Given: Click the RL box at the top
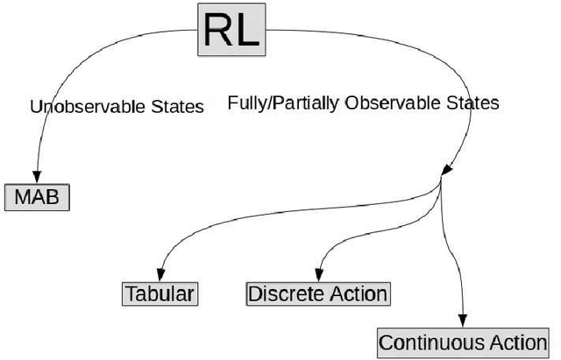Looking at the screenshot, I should tap(231, 30).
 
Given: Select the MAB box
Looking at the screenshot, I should tap(36, 197).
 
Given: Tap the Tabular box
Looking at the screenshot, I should tap(160, 293).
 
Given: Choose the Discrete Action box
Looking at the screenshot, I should tap(318, 293).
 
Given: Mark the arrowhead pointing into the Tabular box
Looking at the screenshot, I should tap(160, 272).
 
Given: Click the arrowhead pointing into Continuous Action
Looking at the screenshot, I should tap(464, 321).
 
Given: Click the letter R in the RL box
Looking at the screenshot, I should tap(217, 30).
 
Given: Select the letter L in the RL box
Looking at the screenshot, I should tap(246, 30).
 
